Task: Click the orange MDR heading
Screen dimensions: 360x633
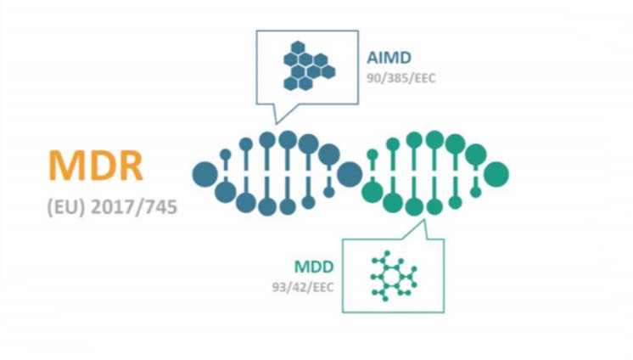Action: click(x=95, y=165)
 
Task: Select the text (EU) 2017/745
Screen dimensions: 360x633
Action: click(x=112, y=206)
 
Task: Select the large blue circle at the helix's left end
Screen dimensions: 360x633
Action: click(x=204, y=173)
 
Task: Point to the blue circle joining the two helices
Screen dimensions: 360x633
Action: click(x=350, y=173)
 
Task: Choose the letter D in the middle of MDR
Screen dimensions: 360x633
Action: click(x=98, y=165)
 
